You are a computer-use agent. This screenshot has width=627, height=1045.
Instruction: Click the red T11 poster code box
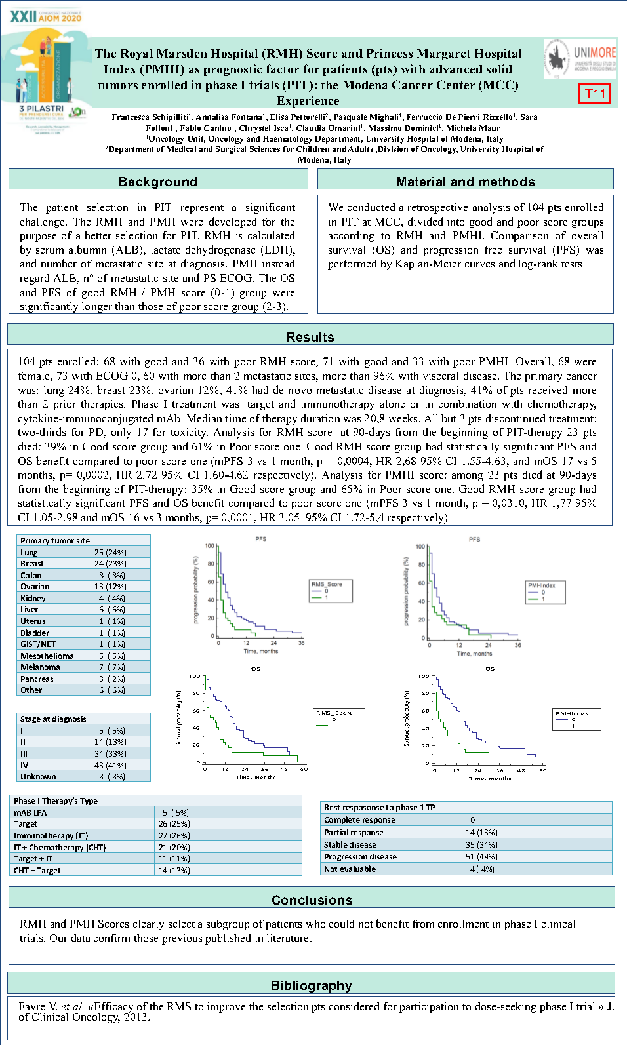click(x=595, y=94)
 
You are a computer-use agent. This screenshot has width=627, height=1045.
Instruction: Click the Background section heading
click(x=157, y=182)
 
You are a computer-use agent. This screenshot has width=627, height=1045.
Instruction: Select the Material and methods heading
click(x=465, y=182)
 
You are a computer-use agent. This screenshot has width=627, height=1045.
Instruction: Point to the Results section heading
click(x=310, y=337)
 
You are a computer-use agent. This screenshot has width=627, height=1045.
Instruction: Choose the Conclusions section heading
click(x=312, y=900)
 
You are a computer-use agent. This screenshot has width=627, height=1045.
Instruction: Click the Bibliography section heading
click(x=312, y=985)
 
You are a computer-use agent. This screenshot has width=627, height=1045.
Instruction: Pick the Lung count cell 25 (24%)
click(x=110, y=553)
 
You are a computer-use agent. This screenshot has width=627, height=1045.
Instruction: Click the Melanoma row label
click(x=40, y=667)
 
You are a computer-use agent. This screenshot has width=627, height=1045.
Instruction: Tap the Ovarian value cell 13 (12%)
click(x=110, y=587)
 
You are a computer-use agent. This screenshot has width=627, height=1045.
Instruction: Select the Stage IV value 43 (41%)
click(x=110, y=766)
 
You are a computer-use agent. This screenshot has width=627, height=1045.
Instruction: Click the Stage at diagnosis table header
click(x=53, y=719)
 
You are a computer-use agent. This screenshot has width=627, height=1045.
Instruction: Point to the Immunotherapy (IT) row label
click(x=51, y=836)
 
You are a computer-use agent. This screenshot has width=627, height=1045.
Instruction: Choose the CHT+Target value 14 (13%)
click(x=174, y=871)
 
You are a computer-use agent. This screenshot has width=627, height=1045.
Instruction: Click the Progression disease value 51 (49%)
click(x=481, y=857)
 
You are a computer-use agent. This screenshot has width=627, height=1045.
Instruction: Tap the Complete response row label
click(x=359, y=820)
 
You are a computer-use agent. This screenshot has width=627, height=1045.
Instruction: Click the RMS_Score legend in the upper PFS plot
click(x=331, y=591)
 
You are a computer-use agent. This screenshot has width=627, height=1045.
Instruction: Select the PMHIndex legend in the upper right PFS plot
click(x=546, y=592)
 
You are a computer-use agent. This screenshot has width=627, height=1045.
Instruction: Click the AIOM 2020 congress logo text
click(x=46, y=16)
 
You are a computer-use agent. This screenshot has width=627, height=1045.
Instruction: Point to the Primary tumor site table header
click(x=55, y=541)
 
